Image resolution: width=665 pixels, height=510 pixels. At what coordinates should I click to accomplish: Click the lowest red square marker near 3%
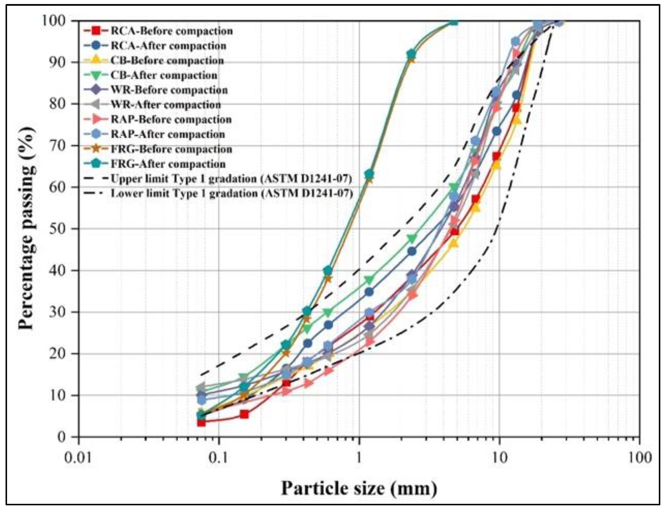coord(201,422)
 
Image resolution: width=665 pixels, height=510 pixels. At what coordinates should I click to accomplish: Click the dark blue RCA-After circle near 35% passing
coord(369,292)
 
